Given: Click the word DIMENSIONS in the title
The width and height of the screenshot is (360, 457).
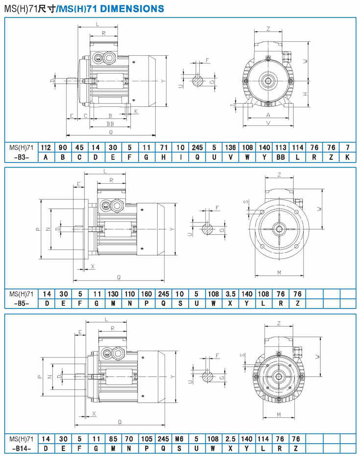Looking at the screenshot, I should click(136, 9).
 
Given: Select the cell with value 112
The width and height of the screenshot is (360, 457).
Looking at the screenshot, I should click(46, 147).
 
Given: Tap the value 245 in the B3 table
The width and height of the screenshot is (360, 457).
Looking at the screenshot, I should click(197, 147).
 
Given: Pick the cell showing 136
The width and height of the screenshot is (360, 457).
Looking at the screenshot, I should click(230, 147).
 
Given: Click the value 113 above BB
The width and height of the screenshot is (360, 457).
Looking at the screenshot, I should click(281, 147).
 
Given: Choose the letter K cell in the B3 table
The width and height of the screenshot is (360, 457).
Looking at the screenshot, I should click(347, 157).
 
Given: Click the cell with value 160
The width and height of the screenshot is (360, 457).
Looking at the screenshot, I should click(146, 293).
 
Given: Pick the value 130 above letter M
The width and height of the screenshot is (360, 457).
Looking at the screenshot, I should click(113, 293).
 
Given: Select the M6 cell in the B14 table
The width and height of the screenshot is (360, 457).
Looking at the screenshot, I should click(180, 439).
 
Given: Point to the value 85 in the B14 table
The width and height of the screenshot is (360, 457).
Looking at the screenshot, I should click(113, 439).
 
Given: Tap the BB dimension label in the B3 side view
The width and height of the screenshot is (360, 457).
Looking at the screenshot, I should click(111, 124).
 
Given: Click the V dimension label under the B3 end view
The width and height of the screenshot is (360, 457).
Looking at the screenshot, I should click(268, 123).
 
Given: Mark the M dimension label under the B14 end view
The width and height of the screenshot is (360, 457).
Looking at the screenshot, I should click(278, 414).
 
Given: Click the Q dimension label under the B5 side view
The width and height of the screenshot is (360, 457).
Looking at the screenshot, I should click(119, 277).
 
